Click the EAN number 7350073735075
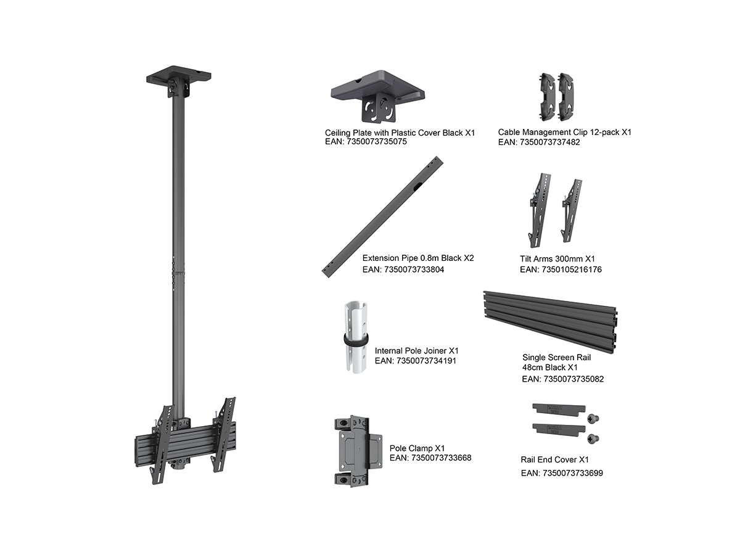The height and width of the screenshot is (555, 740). coord(377,142)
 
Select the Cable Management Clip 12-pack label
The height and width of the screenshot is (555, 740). coord(564,132)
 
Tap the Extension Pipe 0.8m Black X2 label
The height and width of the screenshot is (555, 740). coord(418,258)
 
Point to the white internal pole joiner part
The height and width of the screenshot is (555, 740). coord(356,337)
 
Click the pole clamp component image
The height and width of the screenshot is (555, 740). coord(358,451)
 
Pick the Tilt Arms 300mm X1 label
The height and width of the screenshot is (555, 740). coord(557,259)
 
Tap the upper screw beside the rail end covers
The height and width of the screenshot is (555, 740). coord(593,419)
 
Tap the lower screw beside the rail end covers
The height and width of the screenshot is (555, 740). coord(593,438)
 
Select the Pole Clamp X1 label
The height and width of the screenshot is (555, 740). coord(417,448)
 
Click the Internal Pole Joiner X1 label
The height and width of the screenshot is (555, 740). coord(417,351)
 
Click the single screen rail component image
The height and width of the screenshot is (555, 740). coord(550,322)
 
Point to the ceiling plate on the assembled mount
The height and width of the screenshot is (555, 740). coord(179,77)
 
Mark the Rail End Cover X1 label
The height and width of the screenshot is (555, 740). coord(554,459)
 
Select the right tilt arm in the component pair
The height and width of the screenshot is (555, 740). coord(572,211)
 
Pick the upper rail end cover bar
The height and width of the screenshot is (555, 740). coord(559,409)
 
